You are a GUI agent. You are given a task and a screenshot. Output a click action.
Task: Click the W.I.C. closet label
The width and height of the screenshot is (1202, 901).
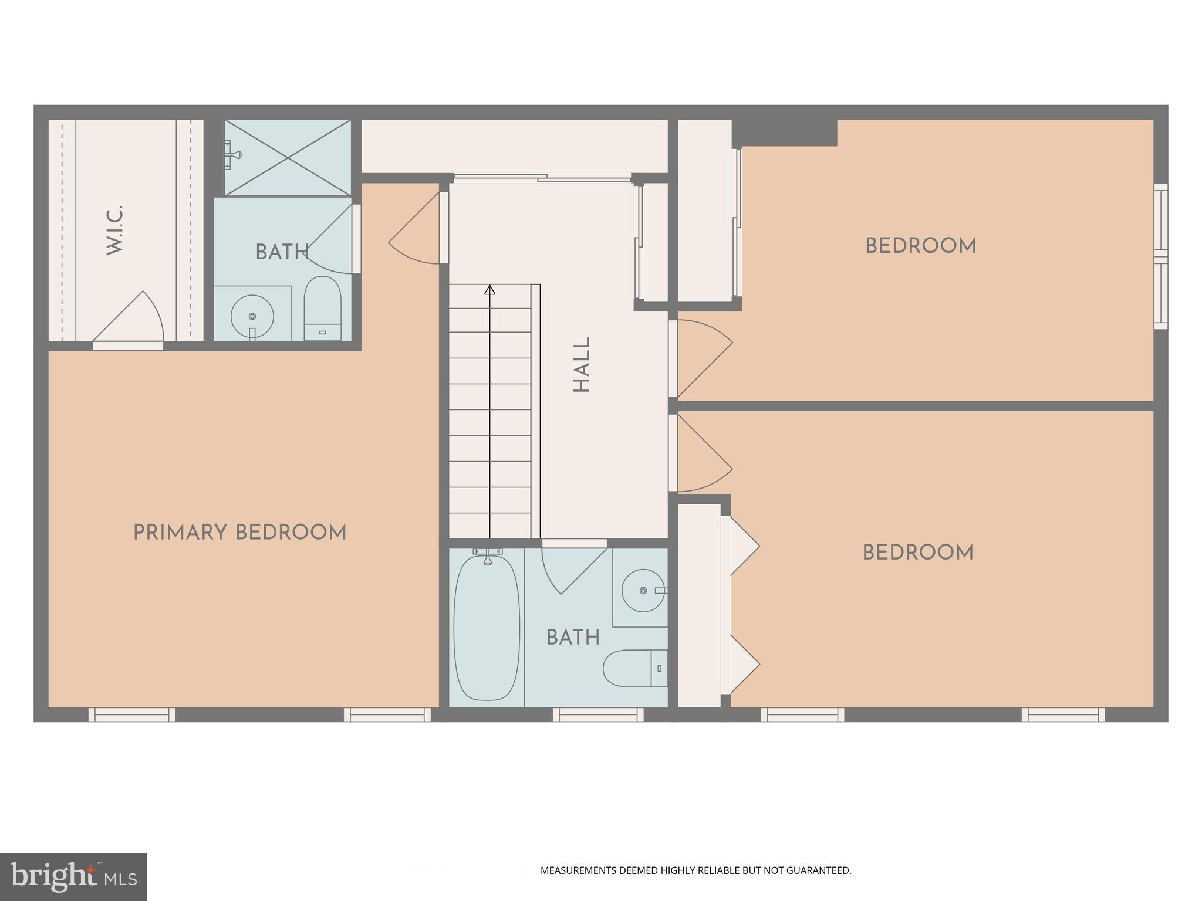[115, 230]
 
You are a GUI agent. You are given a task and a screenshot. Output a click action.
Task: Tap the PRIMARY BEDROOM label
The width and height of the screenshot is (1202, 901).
[239, 533]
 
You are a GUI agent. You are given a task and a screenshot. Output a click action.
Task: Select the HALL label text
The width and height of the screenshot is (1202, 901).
[581, 364]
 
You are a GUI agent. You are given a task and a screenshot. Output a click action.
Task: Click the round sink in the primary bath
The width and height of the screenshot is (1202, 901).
[252, 316]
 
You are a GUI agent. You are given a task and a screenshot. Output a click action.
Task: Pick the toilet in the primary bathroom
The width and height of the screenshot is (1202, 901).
[322, 308]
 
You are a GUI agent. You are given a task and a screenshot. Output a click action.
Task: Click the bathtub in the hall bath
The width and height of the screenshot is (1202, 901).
[487, 628]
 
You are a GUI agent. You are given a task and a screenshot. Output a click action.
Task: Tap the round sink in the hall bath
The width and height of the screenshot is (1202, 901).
[643, 590]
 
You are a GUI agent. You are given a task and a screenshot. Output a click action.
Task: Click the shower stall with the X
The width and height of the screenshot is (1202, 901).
[288, 157]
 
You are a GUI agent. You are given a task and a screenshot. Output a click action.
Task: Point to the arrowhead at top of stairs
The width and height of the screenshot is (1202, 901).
[489, 290]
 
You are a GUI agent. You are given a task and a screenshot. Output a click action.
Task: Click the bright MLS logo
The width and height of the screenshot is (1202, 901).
[73, 877]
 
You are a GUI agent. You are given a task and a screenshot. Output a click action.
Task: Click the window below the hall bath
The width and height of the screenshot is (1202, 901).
[598, 714]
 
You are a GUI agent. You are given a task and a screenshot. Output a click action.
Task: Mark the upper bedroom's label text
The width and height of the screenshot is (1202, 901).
[920, 246]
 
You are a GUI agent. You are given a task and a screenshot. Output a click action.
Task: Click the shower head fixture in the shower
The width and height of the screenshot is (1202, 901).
[234, 155]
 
